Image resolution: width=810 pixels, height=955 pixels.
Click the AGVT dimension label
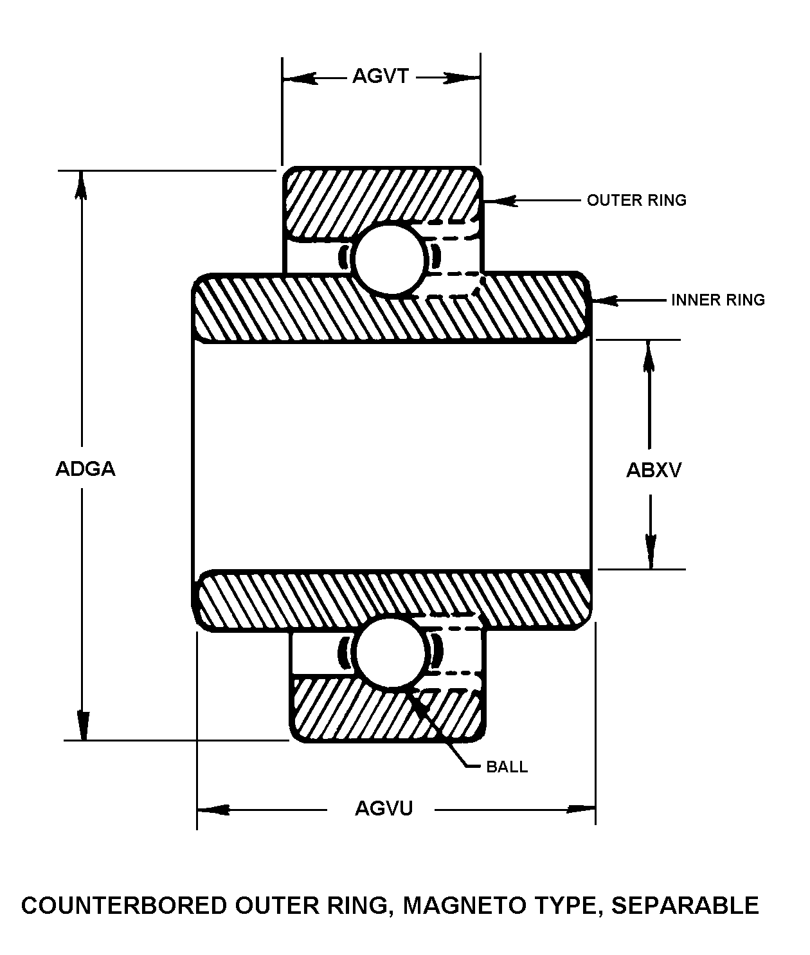click(381, 77)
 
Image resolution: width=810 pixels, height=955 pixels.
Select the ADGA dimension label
click(85, 469)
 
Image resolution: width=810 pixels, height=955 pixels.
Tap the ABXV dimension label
click(654, 471)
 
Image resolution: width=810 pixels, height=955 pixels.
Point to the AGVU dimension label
click(384, 808)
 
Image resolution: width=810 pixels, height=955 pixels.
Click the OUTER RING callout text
click(636, 201)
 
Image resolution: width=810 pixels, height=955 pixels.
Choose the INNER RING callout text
click(718, 300)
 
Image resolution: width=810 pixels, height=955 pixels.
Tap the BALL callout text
click(507, 767)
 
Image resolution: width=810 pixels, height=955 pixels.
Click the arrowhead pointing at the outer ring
click(498, 201)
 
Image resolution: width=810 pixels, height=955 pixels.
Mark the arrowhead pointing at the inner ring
click(604, 300)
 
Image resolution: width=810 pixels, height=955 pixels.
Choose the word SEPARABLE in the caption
click(685, 905)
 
